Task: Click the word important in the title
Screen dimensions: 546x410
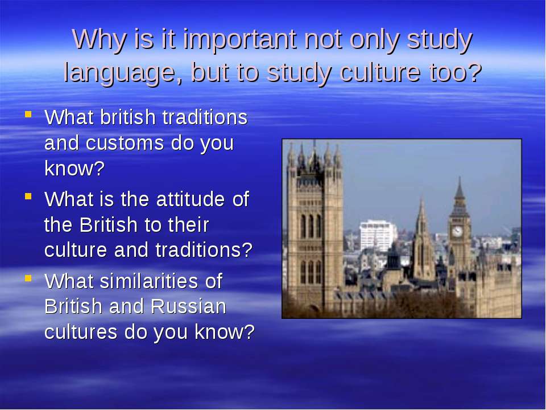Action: click(240, 39)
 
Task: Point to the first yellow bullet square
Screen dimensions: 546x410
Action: click(28, 114)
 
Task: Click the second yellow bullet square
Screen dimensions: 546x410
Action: click(28, 196)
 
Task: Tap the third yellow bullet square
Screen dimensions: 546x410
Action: click(28, 278)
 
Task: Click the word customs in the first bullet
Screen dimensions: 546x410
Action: click(125, 143)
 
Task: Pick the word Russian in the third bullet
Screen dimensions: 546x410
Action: click(188, 306)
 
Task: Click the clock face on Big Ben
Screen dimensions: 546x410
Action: click(457, 231)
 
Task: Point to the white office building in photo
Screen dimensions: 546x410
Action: click(378, 235)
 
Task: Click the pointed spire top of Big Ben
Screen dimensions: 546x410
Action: click(460, 178)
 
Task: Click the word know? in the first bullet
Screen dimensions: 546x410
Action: click(75, 169)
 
